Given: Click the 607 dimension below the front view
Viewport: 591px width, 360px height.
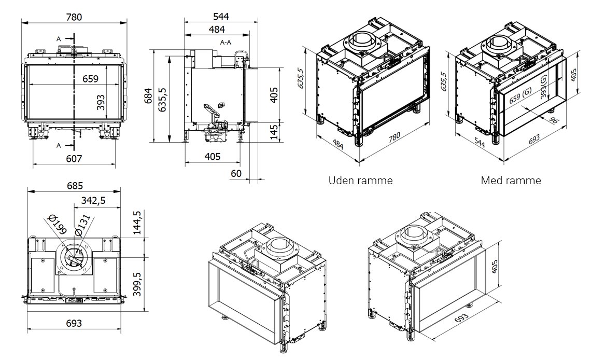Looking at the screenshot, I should tap(74, 159).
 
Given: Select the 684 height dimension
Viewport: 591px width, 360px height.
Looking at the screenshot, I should tap(149, 96).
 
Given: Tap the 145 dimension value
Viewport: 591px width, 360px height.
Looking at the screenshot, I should tap(274, 132).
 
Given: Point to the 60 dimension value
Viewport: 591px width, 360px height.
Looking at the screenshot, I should tap(236, 173).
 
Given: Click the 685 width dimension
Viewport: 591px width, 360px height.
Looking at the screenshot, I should tap(74, 186).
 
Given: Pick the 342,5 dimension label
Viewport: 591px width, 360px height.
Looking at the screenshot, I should tap(93, 201).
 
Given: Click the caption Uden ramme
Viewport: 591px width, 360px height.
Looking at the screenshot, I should tap(360, 181).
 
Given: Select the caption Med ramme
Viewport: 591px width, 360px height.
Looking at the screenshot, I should tap(511, 181).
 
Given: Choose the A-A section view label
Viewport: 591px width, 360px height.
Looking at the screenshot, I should tap(226, 42).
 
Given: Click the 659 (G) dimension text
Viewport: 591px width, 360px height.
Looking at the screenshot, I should tap(520, 97).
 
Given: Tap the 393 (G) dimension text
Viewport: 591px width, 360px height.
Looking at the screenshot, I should tap(544, 87).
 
